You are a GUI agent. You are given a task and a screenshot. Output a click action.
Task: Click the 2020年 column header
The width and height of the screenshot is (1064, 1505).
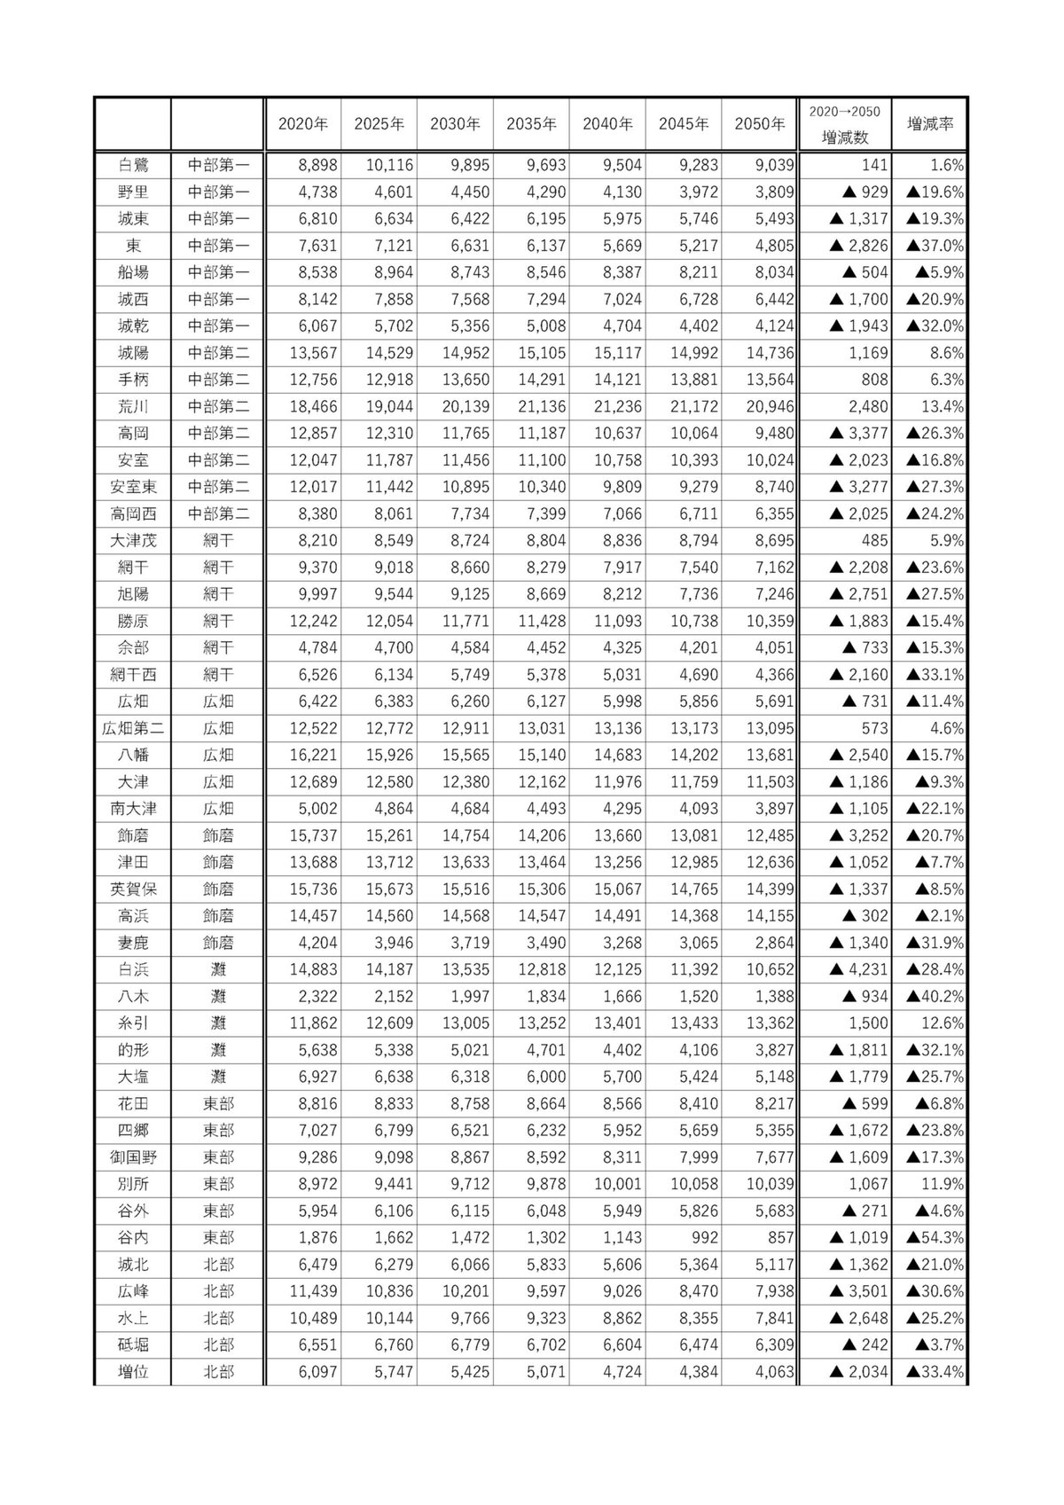pyautogui.click(x=303, y=124)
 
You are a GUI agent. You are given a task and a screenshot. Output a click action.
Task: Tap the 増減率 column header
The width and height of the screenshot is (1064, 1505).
pyautogui.click(x=929, y=124)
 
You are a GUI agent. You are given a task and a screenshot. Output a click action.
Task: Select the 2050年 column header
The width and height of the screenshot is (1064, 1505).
pyautogui.click(x=760, y=124)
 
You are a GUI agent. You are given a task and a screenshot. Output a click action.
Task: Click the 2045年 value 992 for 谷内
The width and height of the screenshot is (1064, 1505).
pyautogui.click(x=700, y=1237)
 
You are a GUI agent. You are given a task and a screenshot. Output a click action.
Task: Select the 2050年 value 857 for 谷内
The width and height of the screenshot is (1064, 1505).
pyautogui.click(x=777, y=1237)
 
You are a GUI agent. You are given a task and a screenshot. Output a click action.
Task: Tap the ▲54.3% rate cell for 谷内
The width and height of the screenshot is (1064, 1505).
pyautogui.click(x=935, y=1237)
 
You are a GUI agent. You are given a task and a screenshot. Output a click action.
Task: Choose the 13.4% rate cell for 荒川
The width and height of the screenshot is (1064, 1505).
pyautogui.click(x=943, y=407)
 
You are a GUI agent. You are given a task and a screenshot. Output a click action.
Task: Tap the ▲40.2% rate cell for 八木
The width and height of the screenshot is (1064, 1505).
pyautogui.click(x=935, y=997)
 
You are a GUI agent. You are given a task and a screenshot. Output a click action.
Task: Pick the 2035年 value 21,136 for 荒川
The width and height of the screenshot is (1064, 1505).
pyautogui.click(x=536, y=407)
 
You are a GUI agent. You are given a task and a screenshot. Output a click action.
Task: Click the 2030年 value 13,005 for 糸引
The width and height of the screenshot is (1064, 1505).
pyautogui.click(x=460, y=1023)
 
